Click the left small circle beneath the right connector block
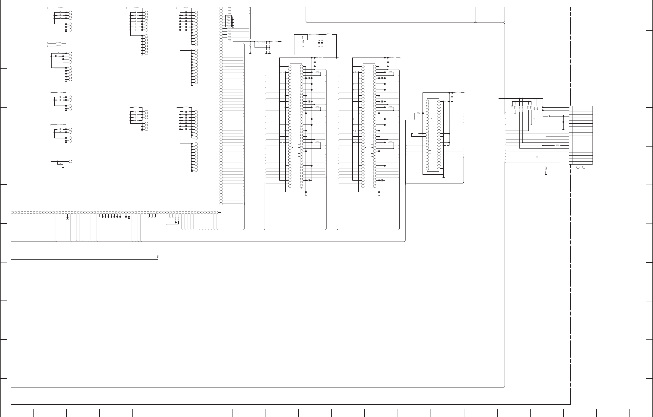578,167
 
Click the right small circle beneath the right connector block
584,167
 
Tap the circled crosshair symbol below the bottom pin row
68,218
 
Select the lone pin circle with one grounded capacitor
70,161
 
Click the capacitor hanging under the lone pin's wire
61,165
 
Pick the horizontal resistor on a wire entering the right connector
557,145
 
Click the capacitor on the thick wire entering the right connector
549,116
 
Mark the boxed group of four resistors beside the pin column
228,21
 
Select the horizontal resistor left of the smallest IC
419,113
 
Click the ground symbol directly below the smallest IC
443,177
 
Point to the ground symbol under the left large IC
306,195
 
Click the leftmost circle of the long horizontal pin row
12,212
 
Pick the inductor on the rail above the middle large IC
394,58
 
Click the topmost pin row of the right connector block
581,107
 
